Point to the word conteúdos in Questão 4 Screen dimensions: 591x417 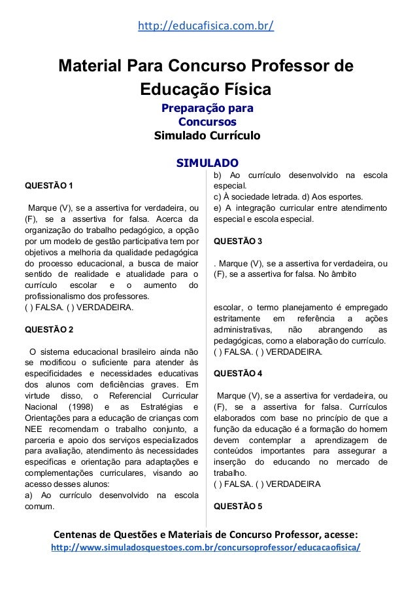235,450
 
